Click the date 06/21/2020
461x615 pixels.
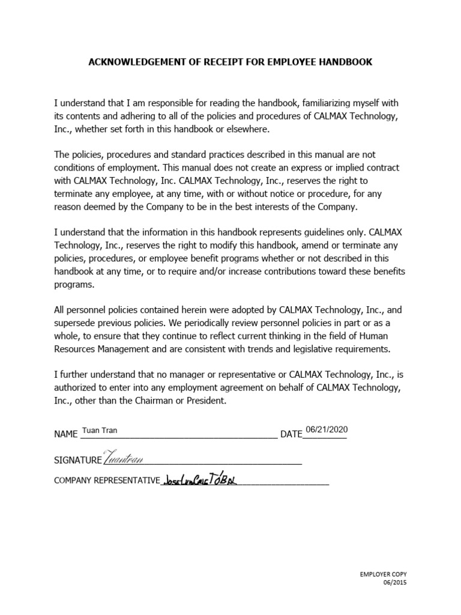tap(326, 430)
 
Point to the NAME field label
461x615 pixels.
tap(66, 434)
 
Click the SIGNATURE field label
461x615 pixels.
tap(77, 460)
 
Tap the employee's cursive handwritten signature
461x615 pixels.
tap(124, 458)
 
